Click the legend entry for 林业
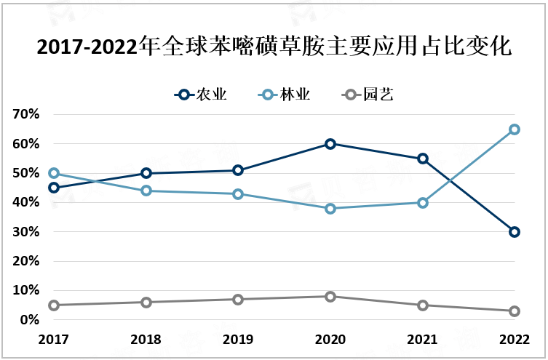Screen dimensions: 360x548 point(286,95)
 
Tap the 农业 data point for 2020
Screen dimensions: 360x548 point(330,144)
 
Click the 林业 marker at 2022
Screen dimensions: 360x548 point(515,129)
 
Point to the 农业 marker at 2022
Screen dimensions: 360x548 point(515,232)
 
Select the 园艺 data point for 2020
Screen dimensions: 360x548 point(330,297)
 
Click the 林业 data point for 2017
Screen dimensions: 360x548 point(54,173)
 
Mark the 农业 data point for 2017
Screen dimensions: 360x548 point(54,188)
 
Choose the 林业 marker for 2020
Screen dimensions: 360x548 point(330,209)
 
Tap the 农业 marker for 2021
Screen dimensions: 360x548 point(423,159)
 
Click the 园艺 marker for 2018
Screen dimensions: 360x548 point(146,303)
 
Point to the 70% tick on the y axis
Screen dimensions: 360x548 point(25,115)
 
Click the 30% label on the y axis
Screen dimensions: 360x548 point(25,232)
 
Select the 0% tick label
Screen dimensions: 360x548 point(28,320)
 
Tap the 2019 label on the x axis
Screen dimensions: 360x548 point(238,340)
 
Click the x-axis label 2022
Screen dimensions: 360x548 point(514,340)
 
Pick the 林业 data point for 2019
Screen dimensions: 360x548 point(238,194)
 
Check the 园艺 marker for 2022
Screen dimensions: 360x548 point(515,311)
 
